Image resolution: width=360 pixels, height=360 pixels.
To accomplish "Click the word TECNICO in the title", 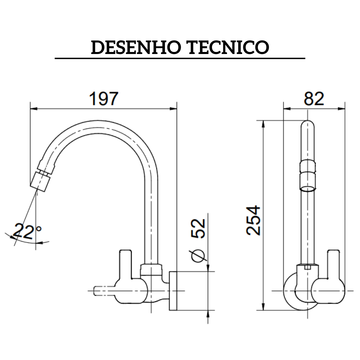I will (x=229, y=48).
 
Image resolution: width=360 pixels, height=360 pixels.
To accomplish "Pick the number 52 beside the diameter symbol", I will (x=199, y=228).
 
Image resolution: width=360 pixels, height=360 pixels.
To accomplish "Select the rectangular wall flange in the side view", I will (x=173, y=291).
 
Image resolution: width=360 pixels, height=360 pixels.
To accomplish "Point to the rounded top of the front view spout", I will (x=307, y=127).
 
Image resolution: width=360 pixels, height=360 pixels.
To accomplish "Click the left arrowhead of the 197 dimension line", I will (x=33, y=109).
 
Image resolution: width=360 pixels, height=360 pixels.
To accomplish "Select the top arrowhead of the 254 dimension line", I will (x=263, y=124).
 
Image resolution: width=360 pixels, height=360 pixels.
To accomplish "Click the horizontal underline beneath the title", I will (x=180, y=58).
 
